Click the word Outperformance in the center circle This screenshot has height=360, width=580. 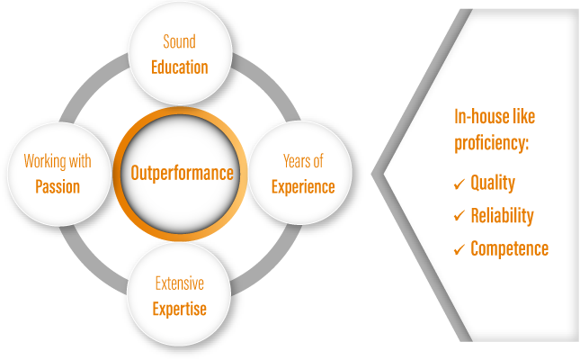tap(182, 173)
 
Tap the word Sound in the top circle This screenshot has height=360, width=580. tap(179, 42)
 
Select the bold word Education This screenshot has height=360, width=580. tap(179, 67)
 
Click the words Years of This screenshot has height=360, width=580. tap(303, 161)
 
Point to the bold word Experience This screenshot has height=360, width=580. tap(303, 186)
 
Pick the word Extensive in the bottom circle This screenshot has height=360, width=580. tap(179, 284)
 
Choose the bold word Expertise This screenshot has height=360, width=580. tap(179, 309)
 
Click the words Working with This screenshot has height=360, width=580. tap(58, 162)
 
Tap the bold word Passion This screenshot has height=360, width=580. tap(58, 187)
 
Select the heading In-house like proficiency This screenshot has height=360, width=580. tap(495, 131)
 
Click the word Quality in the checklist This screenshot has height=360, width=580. tap(493, 184)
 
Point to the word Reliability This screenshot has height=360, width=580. tap(502, 216)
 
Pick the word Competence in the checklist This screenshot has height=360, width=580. tap(509, 248)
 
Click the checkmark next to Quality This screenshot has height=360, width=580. tap(459, 184)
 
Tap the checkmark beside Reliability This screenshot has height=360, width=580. tap(459, 217)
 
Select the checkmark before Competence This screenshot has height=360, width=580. tap(459, 249)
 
